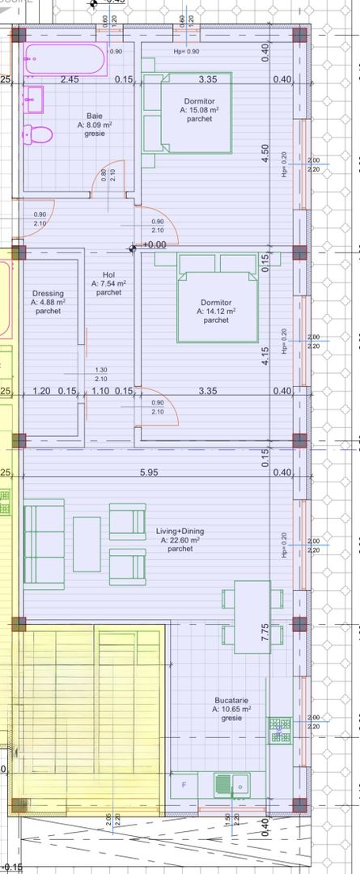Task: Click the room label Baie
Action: point(95,116)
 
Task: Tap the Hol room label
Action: point(108,275)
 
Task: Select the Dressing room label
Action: point(49,294)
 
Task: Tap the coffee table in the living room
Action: point(87,544)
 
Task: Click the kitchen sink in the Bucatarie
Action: point(233,783)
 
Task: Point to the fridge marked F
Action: point(184,783)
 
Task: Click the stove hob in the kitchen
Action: point(281,731)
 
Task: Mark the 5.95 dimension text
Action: point(147,473)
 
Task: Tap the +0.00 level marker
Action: point(154,244)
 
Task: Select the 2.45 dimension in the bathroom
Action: point(70,79)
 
